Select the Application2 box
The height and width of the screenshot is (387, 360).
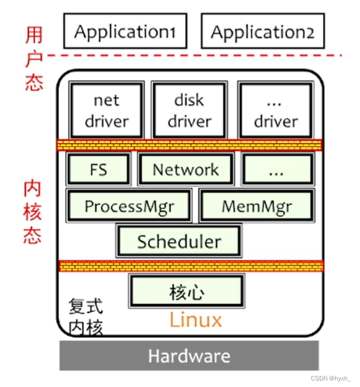262,31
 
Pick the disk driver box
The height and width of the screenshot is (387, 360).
189,111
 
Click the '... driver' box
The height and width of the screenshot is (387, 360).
275,111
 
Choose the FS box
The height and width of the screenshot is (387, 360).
98,169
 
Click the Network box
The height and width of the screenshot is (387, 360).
186,169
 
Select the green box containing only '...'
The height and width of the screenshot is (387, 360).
277,169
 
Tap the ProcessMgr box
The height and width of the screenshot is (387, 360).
129,206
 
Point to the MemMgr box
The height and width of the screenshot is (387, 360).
257,206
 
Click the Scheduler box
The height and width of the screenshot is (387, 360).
179,241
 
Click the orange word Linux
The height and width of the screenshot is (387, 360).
195,320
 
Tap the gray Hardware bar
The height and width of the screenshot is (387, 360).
189,356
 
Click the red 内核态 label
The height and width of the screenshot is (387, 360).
33,213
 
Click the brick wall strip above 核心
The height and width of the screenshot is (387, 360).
189,266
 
